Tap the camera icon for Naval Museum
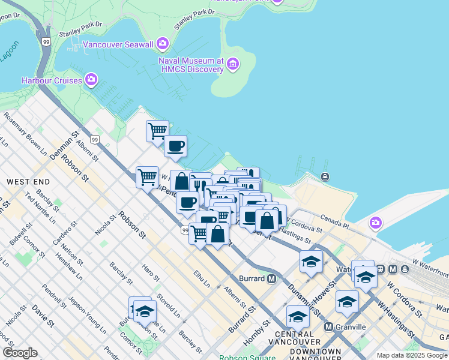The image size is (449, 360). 233,64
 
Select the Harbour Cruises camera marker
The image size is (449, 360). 91,79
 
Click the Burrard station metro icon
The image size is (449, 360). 271,278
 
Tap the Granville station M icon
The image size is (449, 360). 328,326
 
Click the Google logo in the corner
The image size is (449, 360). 20,353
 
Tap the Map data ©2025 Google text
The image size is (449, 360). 412,355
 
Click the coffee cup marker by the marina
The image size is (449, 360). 175,146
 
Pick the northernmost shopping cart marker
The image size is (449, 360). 157,130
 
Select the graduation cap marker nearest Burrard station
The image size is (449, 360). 311,262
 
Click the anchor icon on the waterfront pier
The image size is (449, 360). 325,176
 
